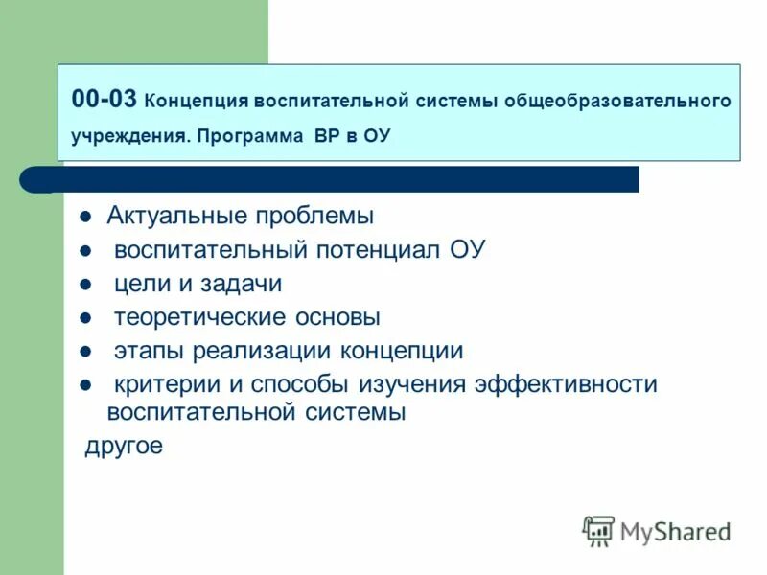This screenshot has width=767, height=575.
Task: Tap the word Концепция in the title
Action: coord(196,101)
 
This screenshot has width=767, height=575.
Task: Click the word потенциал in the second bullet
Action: coord(378,250)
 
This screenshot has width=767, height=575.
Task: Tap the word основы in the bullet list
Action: coord(337,317)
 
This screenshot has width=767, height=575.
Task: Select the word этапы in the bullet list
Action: coord(150,351)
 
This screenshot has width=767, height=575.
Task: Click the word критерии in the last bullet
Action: coord(165,384)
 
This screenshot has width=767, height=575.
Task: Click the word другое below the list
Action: coord(124,446)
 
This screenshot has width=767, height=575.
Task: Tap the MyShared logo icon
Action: coord(598,530)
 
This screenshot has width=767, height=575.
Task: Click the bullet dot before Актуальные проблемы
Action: coord(84,217)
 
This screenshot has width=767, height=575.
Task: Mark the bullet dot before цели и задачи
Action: coord(84,285)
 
